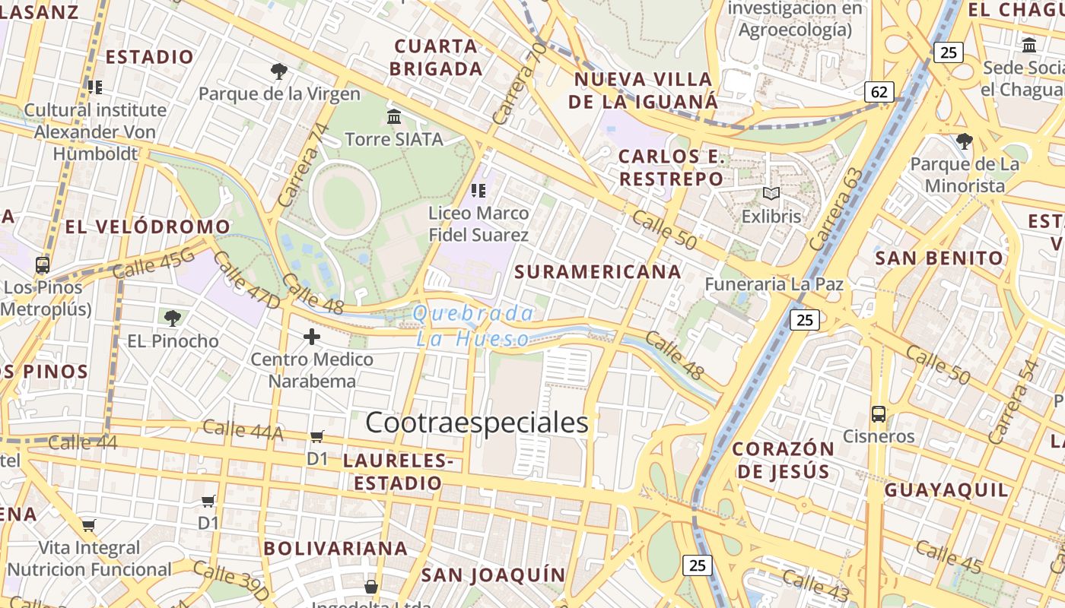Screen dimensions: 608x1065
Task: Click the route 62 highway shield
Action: [x=879, y=93]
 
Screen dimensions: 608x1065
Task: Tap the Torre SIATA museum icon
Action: [x=394, y=117]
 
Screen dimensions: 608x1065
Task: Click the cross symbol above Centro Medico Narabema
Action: [x=312, y=336]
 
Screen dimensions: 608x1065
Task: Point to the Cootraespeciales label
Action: [x=477, y=423]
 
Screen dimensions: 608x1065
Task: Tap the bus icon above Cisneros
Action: [x=879, y=414]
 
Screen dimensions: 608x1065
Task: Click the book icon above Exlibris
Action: [x=771, y=194]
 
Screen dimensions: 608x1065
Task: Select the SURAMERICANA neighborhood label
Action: [x=598, y=272]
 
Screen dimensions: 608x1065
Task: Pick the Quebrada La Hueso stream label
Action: [x=473, y=326]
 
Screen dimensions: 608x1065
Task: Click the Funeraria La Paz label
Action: [x=774, y=284]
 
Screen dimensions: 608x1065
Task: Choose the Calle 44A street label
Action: [x=243, y=430]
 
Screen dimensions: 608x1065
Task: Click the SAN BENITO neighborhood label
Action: [x=939, y=258]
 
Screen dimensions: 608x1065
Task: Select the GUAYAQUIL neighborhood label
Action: [x=946, y=489]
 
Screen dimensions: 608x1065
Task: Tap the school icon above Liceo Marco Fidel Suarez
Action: [x=478, y=190]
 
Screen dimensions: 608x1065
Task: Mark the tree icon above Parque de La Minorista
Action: [x=965, y=141]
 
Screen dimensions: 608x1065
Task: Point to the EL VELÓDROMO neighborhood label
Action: [x=148, y=226]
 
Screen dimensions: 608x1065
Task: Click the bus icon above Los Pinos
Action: [x=43, y=265]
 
